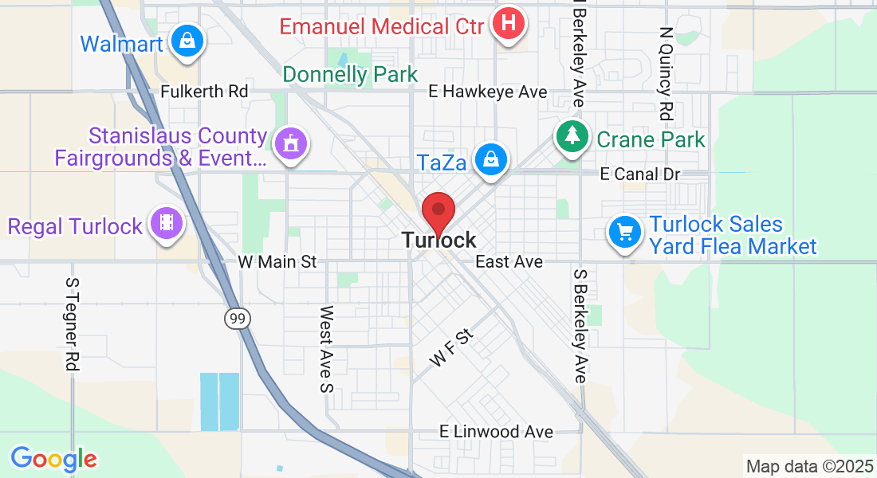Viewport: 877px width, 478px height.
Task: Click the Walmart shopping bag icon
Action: [186, 39]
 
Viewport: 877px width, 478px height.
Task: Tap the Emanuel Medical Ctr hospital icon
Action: [508, 24]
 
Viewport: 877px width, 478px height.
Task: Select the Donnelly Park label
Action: [350, 75]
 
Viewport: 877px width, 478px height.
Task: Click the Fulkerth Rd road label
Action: [204, 92]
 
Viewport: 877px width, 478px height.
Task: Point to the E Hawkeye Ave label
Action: [487, 92]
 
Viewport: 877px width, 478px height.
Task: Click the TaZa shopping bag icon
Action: [490, 160]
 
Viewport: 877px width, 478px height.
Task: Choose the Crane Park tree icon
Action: [572, 136]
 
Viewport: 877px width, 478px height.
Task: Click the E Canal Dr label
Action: [640, 174]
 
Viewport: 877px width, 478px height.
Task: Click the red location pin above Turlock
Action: [438, 212]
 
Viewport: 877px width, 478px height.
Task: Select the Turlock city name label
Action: [438, 240]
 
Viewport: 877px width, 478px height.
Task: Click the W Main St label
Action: [277, 261]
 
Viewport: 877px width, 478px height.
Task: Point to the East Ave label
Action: [509, 261]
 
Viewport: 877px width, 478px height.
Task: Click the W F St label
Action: [451, 348]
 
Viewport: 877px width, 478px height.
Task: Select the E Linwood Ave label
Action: [496, 432]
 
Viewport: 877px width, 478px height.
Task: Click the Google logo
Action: [53, 459]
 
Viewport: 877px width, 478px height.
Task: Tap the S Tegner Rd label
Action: [73, 324]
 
